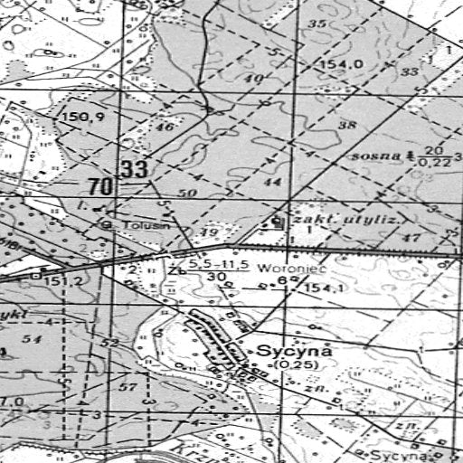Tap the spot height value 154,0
pyautogui.click(x=345, y=64)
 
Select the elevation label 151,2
pyautogui.click(x=64, y=281)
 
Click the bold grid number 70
pyautogui.click(x=101, y=187)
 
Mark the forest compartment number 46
pyautogui.click(x=165, y=128)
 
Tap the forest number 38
pyautogui.click(x=346, y=124)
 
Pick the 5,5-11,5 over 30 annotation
pyautogui.click(x=216, y=269)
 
